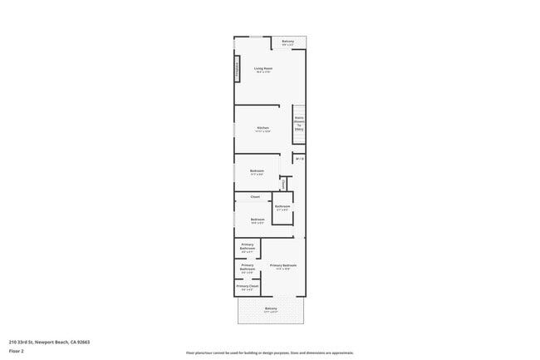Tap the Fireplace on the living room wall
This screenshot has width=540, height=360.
click(x=238, y=71)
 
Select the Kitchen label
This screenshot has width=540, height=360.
click(x=263, y=127)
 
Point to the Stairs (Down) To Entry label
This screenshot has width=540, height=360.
click(x=298, y=123)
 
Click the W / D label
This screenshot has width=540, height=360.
click(x=300, y=158)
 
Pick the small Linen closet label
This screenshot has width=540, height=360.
click(x=284, y=183)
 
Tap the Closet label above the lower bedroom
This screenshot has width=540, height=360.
click(x=255, y=196)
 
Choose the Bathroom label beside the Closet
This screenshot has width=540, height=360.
click(x=282, y=206)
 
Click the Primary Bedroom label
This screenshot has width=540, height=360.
click(x=283, y=265)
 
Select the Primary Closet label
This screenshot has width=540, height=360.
click(x=248, y=286)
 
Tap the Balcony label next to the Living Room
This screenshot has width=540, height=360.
click(x=287, y=42)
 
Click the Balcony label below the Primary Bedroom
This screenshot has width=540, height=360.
click(x=271, y=308)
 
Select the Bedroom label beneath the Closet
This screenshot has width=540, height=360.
click(x=258, y=219)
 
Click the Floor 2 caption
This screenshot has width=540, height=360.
click(x=16, y=352)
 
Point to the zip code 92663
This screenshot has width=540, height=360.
click(x=82, y=341)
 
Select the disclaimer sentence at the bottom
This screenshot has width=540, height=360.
click(x=270, y=353)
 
